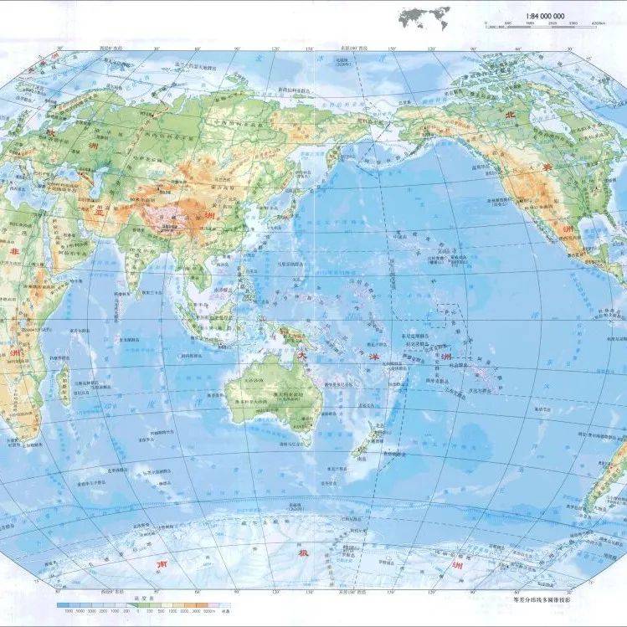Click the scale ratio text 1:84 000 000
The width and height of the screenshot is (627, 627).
tap(547, 16)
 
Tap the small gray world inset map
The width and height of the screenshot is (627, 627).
tap(424, 16)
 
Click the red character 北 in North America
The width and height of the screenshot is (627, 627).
tap(504, 116)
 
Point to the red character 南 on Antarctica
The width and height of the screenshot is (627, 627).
tap(165, 566)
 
